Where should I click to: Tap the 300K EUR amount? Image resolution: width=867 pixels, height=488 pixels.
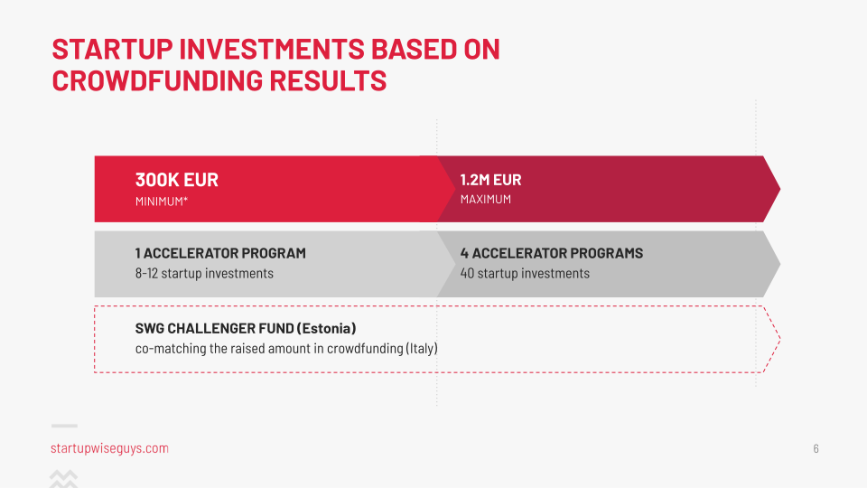(177, 180)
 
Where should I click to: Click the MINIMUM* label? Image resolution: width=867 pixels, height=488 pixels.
(162, 202)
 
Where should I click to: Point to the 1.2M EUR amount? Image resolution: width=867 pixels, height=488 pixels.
(491, 180)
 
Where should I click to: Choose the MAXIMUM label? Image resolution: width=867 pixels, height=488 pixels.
(486, 199)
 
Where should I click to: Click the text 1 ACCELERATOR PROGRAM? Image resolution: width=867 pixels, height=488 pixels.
(220, 253)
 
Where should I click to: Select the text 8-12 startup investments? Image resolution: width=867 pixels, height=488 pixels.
(205, 273)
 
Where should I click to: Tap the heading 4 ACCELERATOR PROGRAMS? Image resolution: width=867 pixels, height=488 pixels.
(552, 253)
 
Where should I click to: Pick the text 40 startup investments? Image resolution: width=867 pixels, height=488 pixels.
(525, 273)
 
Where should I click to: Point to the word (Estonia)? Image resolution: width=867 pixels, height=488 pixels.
(326, 329)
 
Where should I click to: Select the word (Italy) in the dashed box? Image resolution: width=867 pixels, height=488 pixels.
(422, 349)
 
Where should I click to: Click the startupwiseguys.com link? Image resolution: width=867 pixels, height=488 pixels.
(109, 448)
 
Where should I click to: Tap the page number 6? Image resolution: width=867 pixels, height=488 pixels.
(816, 449)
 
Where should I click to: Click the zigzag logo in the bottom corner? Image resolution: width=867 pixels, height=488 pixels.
(63, 479)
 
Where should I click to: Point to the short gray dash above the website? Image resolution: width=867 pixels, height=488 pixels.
(64, 426)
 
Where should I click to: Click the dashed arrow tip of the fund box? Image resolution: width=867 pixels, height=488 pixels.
(779, 339)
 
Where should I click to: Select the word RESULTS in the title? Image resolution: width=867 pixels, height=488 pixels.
(328, 80)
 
